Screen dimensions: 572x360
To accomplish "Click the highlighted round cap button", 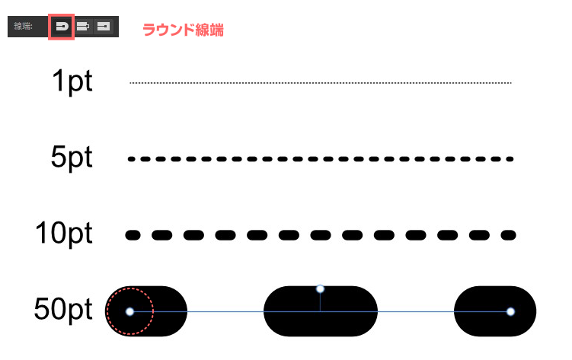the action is (x=62, y=27).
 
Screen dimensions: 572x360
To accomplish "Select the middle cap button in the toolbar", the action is (x=83, y=27).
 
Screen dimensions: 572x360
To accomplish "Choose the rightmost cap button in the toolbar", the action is (x=104, y=27).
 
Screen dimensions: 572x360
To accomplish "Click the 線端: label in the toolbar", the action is (x=23, y=26).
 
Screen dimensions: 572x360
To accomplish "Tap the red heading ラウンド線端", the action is (x=183, y=30).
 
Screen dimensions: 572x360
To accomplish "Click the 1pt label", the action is (x=72, y=81).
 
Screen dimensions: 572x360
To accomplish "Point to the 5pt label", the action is (x=72, y=157).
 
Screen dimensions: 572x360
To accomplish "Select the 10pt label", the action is (x=64, y=233).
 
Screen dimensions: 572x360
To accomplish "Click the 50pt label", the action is (x=63, y=309).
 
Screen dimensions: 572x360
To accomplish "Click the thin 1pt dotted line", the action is (x=321, y=83).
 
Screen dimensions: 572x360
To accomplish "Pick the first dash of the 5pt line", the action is (x=132, y=159).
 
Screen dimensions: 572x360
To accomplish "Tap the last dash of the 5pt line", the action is (x=510, y=159).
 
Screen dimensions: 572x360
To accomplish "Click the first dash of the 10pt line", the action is (x=133, y=235).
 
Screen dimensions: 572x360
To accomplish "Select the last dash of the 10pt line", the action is (x=509, y=235).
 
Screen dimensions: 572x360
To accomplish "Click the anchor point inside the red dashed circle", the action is (x=130, y=311).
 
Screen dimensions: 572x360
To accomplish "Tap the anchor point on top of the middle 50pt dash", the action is (x=321, y=289).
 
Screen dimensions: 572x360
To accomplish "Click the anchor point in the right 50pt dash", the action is (x=511, y=311).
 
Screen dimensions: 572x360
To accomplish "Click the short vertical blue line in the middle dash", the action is (x=321, y=302).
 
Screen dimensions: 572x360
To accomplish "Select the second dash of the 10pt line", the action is (x=162, y=235).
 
